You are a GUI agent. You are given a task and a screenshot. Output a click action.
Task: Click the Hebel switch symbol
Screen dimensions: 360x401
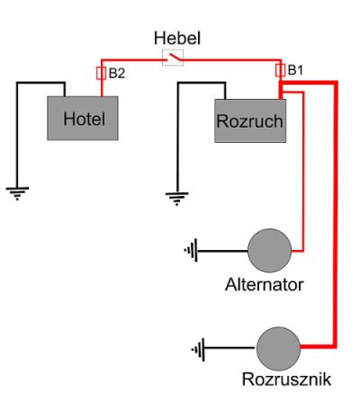pos(173,58)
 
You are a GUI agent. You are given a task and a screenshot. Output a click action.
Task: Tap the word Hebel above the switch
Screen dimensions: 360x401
pos(177,39)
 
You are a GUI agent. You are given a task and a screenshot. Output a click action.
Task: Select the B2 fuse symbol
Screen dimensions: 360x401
pos(101,74)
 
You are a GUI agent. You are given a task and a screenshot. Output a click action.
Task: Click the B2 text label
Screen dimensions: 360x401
pos(117,74)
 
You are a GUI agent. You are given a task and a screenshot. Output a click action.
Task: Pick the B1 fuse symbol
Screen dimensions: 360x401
pos(280,70)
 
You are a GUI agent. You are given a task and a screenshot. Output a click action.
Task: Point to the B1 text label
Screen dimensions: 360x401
pos(295,70)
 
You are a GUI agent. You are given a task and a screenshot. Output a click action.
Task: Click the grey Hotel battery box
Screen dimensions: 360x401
pos(83,118)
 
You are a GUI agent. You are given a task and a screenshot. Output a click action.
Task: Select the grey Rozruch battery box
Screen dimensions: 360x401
pos(250,120)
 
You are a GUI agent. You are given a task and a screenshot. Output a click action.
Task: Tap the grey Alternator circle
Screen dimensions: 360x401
pos(269,251)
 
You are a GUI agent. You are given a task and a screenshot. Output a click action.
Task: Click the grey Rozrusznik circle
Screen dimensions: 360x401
pos(278,349)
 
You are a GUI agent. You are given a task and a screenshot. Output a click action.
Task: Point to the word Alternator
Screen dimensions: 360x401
pos(265,284)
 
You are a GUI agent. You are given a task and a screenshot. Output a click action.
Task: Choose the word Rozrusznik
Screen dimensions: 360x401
pos(286,379)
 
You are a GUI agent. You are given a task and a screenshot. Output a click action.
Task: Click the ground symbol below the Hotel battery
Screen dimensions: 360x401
pos(17,193)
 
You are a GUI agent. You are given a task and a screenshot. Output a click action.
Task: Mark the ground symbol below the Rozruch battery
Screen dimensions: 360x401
pos(177,199)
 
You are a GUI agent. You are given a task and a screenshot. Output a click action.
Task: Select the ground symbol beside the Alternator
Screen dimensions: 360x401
pos(191,251)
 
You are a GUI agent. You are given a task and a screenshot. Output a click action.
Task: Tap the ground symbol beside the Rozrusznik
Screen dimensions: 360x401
pos(199,349)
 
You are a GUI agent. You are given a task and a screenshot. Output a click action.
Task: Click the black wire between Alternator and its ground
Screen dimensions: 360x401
pos(222,251)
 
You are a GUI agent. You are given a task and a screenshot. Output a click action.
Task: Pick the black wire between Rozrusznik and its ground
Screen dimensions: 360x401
pos(230,348)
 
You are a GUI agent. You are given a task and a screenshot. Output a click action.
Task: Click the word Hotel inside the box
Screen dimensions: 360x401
pos(85,119)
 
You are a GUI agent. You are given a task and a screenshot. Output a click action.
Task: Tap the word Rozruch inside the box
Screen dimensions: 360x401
pos(249,121)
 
